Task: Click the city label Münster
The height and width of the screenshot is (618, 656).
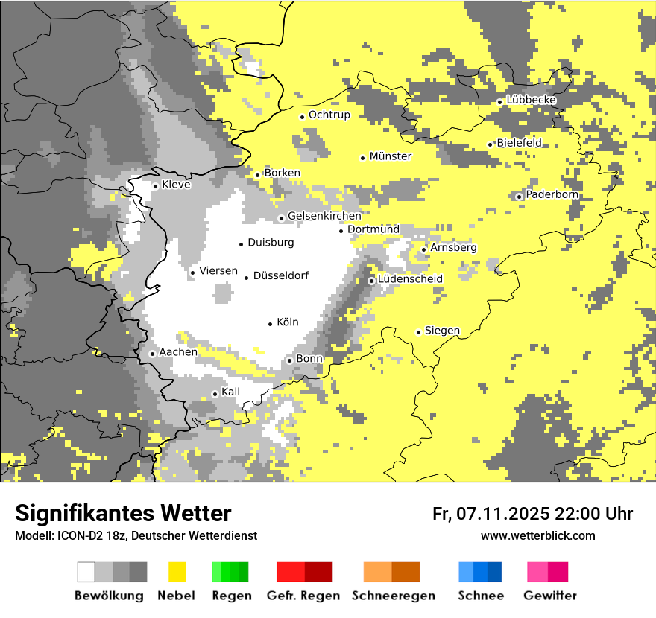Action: coord(391,156)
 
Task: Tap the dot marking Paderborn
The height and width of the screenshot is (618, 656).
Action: coord(519,197)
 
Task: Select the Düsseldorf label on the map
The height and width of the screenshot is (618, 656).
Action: coord(281,276)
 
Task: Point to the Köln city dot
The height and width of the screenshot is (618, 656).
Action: coord(271,324)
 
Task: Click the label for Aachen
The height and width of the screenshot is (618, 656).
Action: coord(179,352)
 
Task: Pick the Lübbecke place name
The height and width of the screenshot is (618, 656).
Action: coord(532,100)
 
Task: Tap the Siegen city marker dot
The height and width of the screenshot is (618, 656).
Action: coord(418,332)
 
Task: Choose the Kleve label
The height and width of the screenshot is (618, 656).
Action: coord(177,185)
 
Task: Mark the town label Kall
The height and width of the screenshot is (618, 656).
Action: coord(231,392)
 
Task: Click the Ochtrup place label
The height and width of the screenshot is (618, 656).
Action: coord(329,115)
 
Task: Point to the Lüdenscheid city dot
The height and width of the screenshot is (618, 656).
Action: coord(371,281)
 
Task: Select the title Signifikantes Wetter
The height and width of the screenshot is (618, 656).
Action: coord(123,514)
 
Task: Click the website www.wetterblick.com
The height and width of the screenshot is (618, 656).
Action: coord(538,535)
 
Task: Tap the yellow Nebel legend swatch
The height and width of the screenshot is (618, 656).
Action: coord(177,572)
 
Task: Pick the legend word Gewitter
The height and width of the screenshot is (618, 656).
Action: coord(550,596)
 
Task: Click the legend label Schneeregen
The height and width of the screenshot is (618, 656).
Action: coord(394,596)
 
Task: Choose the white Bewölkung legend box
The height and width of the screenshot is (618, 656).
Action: coord(86,572)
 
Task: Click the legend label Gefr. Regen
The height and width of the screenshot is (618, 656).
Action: coord(303,596)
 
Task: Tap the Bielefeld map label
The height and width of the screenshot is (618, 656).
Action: coord(520,143)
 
